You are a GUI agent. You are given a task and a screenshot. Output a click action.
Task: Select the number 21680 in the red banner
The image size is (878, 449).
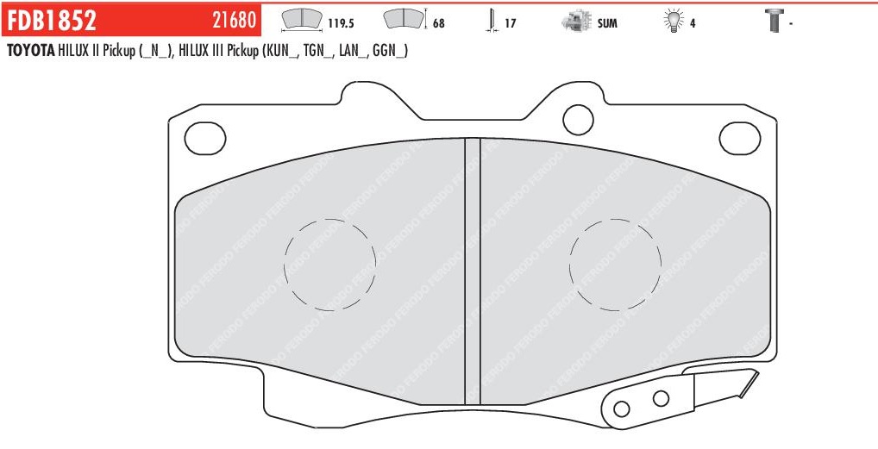pos(234,21)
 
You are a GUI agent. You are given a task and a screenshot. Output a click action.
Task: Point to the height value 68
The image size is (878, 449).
pos(439,24)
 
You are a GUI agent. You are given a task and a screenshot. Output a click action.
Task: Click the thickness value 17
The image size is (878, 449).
pos(510,24)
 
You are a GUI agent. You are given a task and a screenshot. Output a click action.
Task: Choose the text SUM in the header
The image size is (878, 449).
pos(607,24)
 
